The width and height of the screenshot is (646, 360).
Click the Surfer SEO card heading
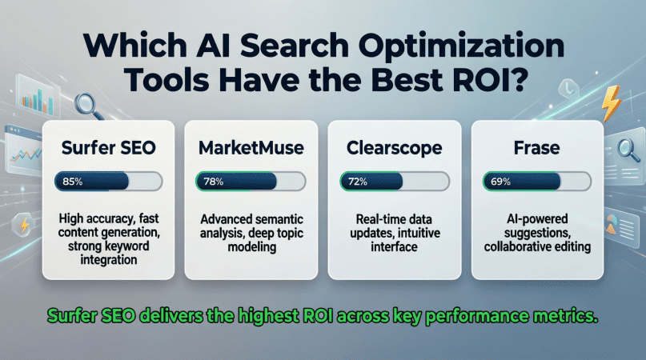coord(108,148)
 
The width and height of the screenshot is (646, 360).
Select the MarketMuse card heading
coord(251,148)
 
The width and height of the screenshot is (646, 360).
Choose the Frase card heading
coord(537,148)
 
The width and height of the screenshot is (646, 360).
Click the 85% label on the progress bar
coord(73,182)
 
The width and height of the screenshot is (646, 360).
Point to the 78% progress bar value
coord(214,182)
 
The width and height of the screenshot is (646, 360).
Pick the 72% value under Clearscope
coord(358,182)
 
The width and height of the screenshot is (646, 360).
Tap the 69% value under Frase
coord(500,182)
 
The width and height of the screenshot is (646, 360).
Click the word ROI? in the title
coord(490,79)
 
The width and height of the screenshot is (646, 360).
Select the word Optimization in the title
coord(461,46)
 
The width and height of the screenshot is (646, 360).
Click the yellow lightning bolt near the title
coord(611,103)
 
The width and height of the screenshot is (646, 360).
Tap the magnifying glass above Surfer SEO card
coord(89,106)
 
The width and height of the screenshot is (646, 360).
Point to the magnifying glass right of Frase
coord(628,150)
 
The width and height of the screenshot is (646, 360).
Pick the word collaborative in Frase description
coord(517,246)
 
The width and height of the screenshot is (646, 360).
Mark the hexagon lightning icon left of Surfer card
coord(24,225)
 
